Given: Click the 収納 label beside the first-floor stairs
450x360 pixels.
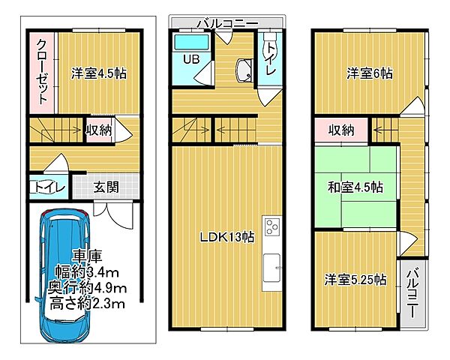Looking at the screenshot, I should click(x=99, y=130).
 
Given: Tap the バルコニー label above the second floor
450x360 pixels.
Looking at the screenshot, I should click(x=226, y=23).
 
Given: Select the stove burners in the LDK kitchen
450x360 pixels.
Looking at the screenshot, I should click(x=271, y=226).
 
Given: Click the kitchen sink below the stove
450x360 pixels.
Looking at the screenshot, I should click(x=271, y=265).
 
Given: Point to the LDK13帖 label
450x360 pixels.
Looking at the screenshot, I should click(x=226, y=237).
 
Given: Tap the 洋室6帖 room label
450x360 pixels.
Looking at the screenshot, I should click(x=369, y=73).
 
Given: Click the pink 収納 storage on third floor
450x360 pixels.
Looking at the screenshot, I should click(x=341, y=130).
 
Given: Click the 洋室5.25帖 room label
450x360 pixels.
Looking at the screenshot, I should click(x=356, y=280).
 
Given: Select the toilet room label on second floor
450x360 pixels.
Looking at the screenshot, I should click(x=269, y=58).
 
